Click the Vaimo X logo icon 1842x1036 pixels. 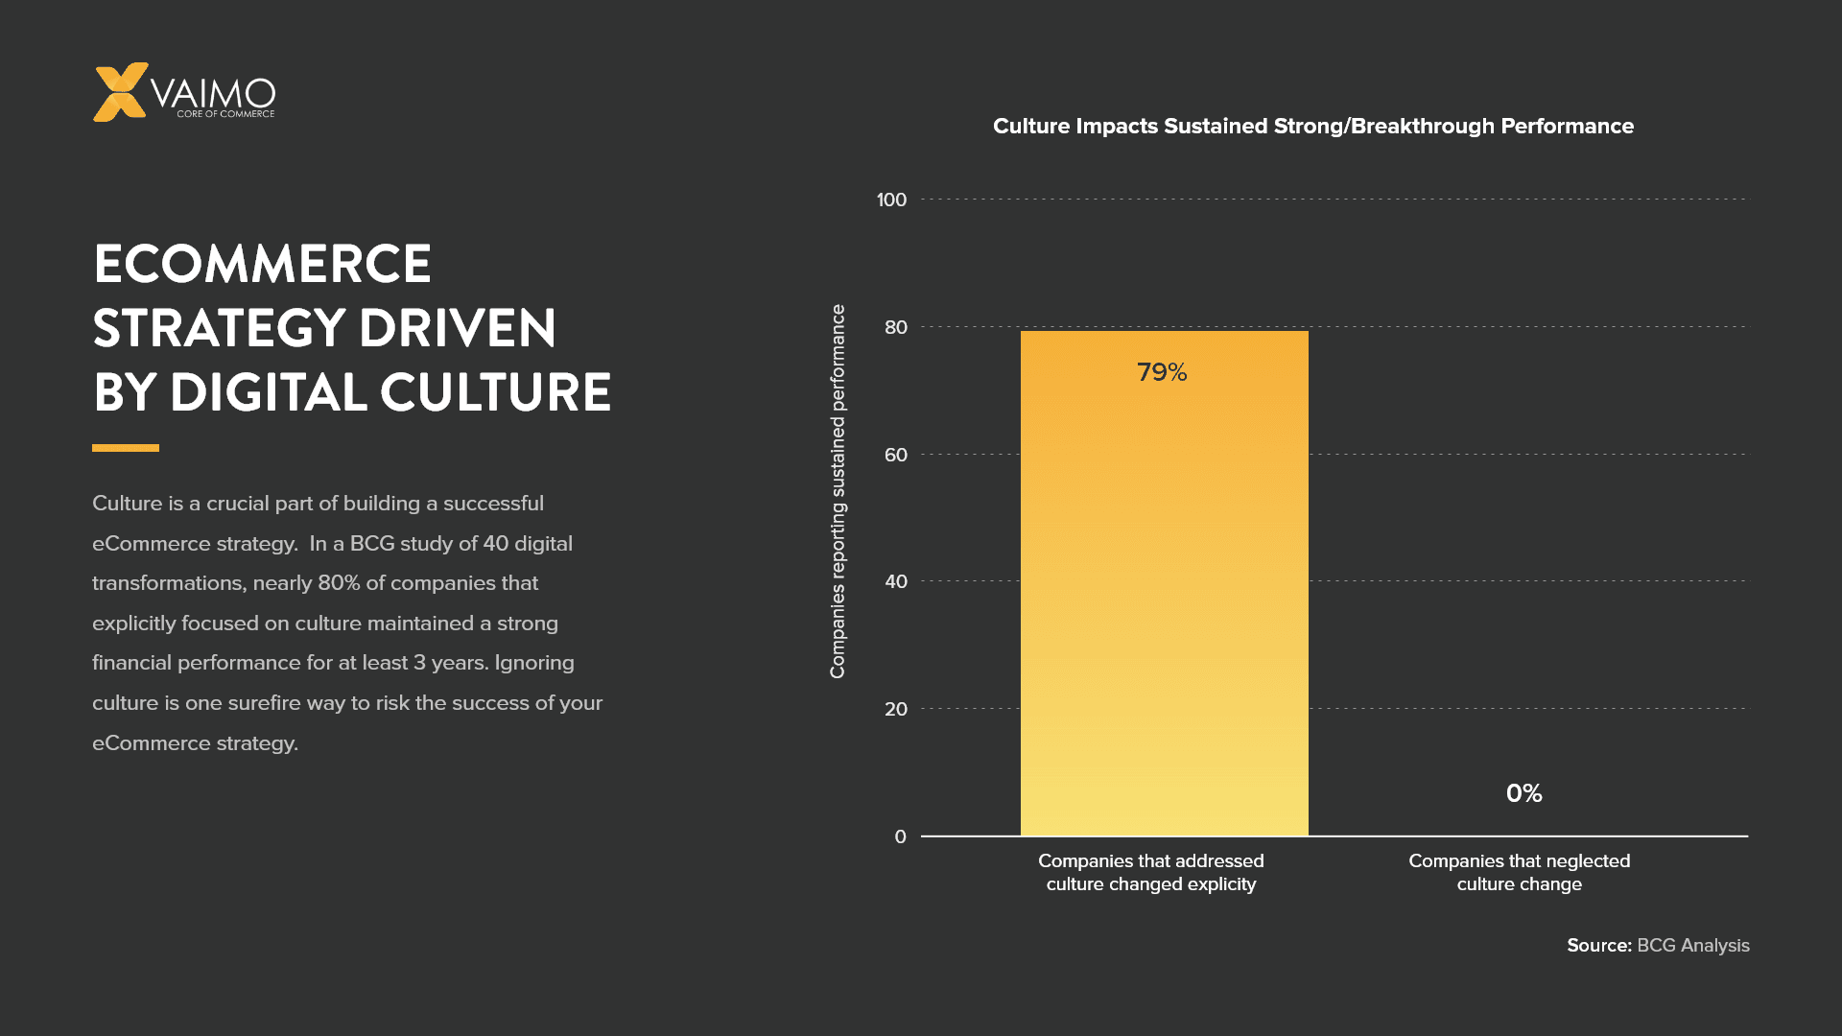click(x=120, y=92)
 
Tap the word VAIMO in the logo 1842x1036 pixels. click(x=213, y=94)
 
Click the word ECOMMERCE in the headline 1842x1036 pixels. click(x=262, y=264)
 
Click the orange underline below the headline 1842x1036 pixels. click(x=126, y=448)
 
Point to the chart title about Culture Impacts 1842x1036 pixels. click(x=1312, y=126)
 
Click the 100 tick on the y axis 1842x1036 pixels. click(x=891, y=200)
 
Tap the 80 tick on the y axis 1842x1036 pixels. click(x=895, y=327)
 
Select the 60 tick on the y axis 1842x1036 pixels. click(x=895, y=455)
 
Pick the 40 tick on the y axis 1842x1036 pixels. click(x=895, y=581)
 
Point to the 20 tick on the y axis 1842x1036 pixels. click(x=895, y=709)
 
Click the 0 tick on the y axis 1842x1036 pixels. click(x=900, y=836)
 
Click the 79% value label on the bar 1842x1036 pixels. click(x=1162, y=372)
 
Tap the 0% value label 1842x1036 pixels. click(x=1523, y=793)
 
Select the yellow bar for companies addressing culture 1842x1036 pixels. click(x=1164, y=595)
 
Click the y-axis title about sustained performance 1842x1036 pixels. click(x=838, y=491)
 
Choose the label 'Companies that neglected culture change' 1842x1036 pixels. click(x=1519, y=873)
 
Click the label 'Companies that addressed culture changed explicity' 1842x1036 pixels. click(x=1150, y=873)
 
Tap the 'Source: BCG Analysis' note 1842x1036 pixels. click(x=1658, y=945)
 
